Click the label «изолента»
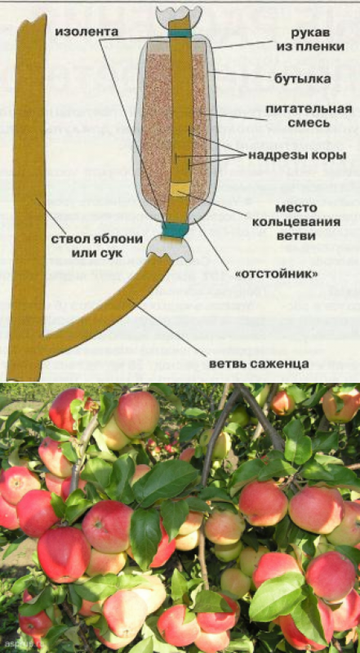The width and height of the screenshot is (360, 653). coord(87,32)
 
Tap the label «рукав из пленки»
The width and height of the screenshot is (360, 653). coord(311,41)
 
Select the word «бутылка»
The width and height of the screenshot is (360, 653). coord(303,78)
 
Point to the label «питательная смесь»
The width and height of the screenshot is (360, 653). coord(309,116)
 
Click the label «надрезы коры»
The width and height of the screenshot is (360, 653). coord(297,156)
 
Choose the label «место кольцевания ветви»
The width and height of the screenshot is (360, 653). coord(309,222)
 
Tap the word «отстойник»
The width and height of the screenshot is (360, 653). coord(274,275)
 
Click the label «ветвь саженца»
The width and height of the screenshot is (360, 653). coord(259,363)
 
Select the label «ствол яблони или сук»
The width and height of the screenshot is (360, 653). coord(97,246)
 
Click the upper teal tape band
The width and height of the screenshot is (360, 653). coord(180,33)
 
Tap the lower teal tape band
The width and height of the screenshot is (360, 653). coord(176,230)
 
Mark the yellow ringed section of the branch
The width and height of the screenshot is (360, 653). coord(180,190)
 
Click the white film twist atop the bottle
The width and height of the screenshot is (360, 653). coord(179,16)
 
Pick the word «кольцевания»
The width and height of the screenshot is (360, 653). coord(309,222)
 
